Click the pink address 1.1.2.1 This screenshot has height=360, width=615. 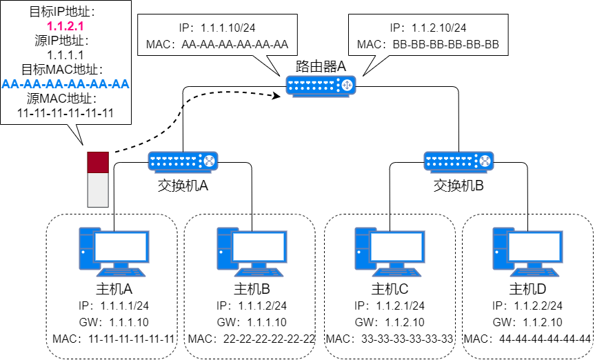(65, 26)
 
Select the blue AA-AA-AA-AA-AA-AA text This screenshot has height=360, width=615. (65, 84)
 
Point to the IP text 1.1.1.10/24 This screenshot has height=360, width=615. (228, 28)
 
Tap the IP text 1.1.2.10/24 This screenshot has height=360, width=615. (438, 28)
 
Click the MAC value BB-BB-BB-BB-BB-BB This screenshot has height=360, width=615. (445, 46)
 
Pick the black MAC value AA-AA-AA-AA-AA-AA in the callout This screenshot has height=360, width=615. (234, 46)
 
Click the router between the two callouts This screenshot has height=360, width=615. (321, 86)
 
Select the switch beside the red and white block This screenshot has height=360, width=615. (183, 161)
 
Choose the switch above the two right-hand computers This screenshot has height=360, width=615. (458, 161)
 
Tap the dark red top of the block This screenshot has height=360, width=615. (98, 162)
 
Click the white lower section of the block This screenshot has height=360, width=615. (98, 190)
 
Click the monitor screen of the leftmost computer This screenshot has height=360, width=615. (121, 246)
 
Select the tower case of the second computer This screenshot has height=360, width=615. (223, 249)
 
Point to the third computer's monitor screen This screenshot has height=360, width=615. (396, 246)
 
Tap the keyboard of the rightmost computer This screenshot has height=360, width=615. (534, 272)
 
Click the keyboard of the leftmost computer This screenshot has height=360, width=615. (121, 272)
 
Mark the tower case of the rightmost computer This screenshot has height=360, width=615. (499, 249)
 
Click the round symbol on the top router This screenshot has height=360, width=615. (347, 85)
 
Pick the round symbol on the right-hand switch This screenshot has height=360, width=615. (485, 161)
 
